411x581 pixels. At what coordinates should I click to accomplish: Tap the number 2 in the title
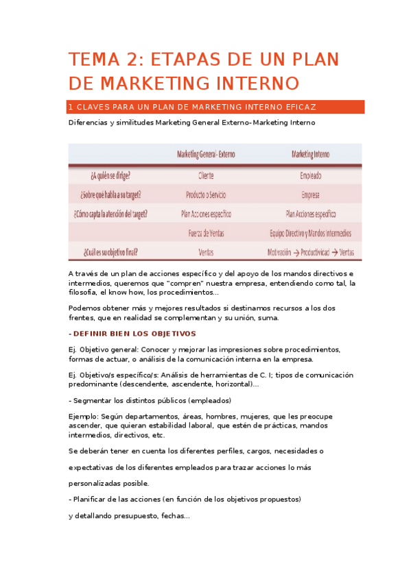coord(131,60)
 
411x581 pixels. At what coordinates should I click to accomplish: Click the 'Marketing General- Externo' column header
coord(205,154)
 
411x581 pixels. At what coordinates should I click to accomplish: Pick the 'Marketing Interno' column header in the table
coord(310,154)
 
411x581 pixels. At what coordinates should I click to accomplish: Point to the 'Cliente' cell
coord(205,175)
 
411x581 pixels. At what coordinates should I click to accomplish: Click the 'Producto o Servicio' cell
coord(205,195)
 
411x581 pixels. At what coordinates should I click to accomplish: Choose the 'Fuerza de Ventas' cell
coord(205,233)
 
